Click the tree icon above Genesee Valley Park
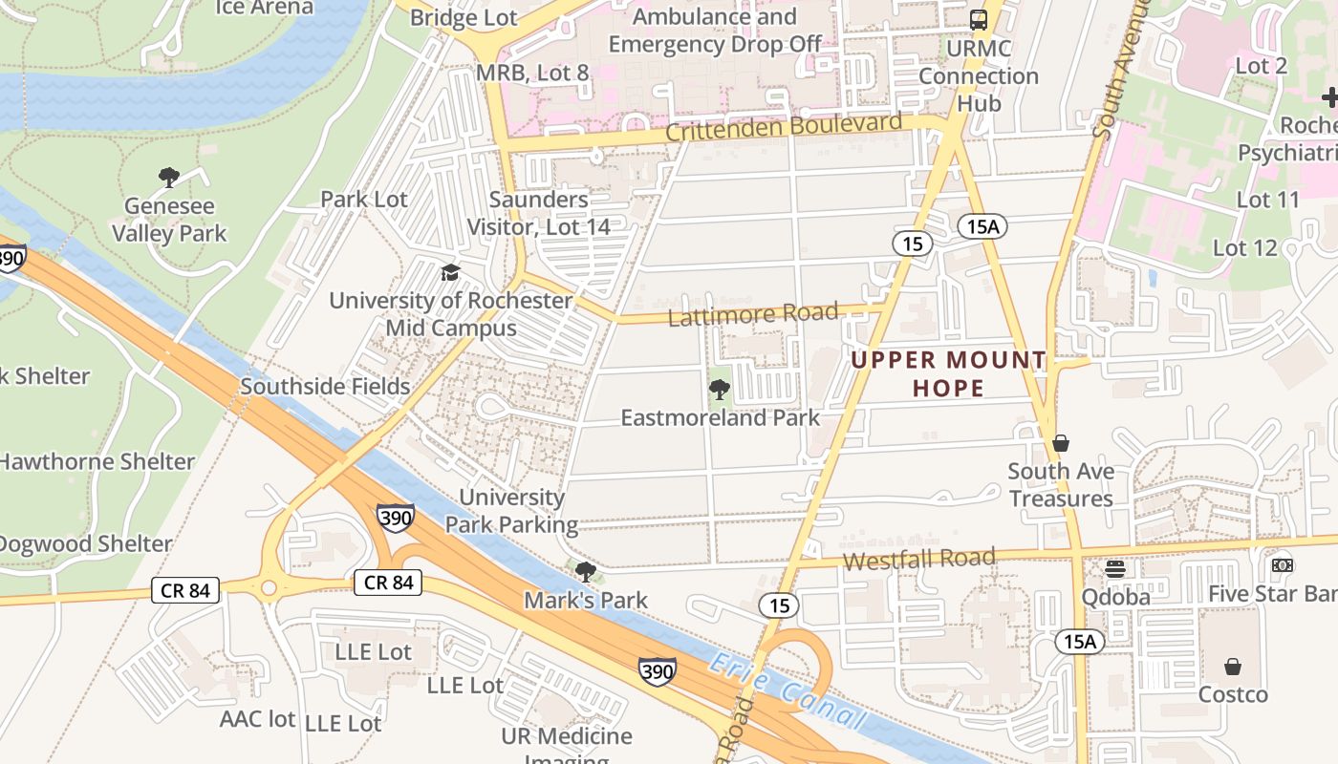(169, 177)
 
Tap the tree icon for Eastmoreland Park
(720, 389)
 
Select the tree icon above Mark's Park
(586, 572)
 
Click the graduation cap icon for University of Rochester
(450, 273)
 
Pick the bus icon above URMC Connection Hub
(979, 19)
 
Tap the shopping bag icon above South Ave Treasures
(1060, 443)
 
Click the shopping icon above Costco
(1233, 666)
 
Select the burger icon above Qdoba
(1114, 569)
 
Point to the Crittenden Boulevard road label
(784, 127)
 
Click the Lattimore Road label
(753, 313)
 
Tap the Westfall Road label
(918, 559)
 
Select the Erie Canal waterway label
(788, 693)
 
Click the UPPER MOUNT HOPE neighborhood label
(949, 373)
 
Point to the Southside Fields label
(325, 386)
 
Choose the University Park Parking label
(512, 511)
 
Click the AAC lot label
(258, 719)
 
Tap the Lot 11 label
(1268, 200)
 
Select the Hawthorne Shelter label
(97, 461)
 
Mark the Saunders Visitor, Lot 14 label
(538, 213)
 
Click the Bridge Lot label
(464, 17)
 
